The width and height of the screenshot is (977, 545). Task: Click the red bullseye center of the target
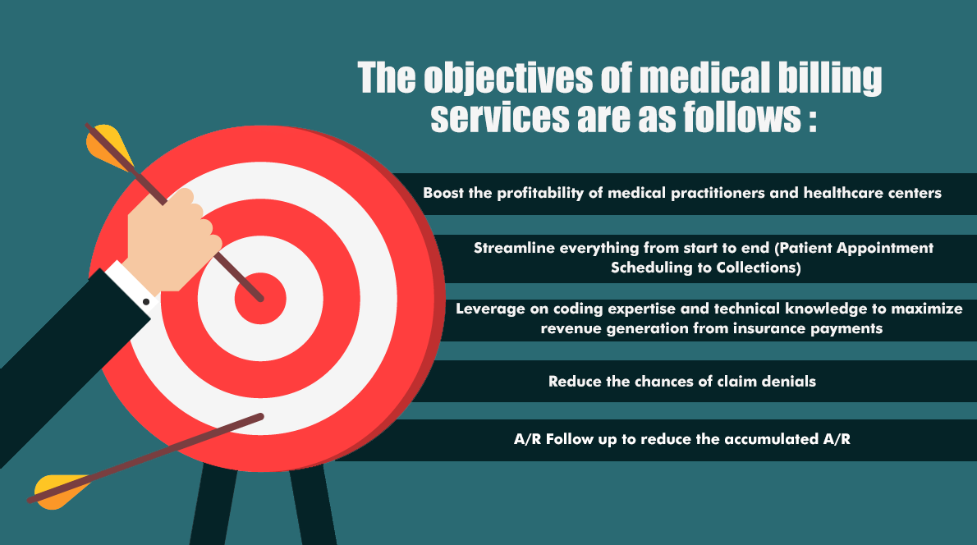tap(260, 298)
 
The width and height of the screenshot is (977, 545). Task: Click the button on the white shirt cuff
tap(146, 301)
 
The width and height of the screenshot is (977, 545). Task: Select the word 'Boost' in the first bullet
tap(443, 193)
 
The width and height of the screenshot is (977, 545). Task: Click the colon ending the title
tap(813, 118)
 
